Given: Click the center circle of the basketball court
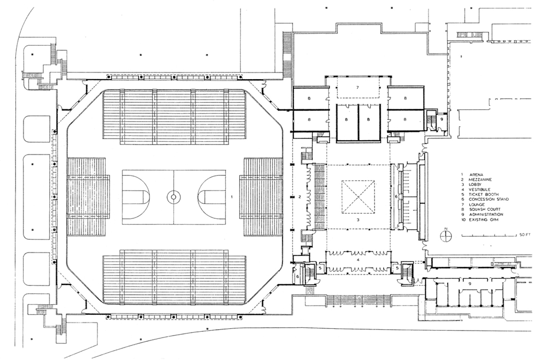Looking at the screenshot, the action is tap(174, 196).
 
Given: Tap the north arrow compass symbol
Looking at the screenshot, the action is tap(445, 235).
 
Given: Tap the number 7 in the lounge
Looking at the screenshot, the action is tap(357, 87).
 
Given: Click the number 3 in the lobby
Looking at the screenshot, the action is tap(358, 220).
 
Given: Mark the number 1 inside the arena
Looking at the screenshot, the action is tap(232, 196).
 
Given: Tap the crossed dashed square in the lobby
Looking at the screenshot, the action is tap(358, 197).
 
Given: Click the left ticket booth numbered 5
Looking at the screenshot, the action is tap(320, 267).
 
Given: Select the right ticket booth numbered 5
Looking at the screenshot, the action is tap(397, 267).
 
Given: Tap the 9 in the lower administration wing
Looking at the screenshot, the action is tap(470, 283).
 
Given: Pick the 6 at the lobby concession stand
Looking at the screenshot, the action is tap(396, 197).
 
